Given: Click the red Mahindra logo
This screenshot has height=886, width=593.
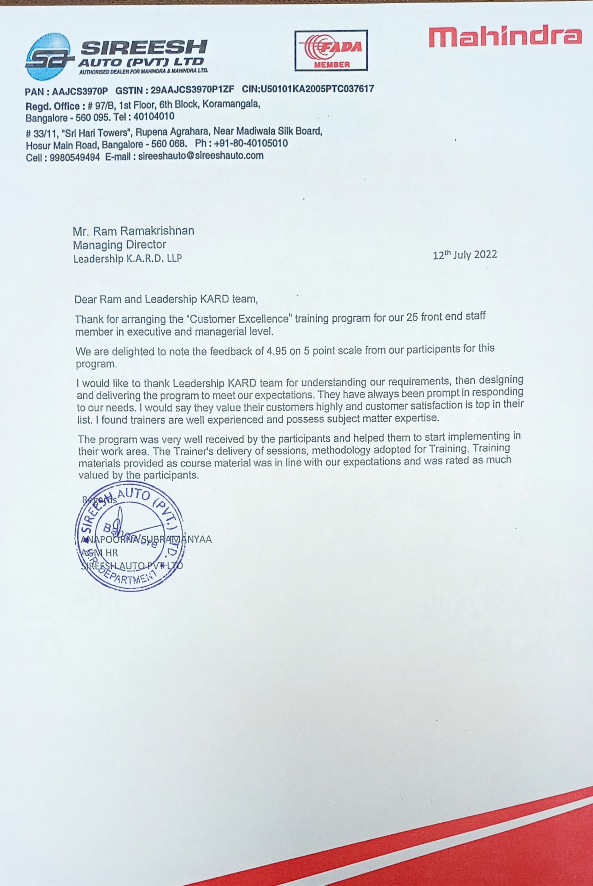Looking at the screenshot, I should pyautogui.click(x=505, y=37).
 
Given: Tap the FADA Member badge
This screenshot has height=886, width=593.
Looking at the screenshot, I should pyautogui.click(x=331, y=50).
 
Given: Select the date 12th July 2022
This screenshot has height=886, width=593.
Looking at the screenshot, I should pyautogui.click(x=465, y=255).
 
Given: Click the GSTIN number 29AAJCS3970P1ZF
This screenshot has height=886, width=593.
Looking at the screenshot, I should pyautogui.click(x=192, y=91).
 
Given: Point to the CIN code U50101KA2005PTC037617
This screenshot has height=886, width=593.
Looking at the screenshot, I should pyautogui.click(x=317, y=89).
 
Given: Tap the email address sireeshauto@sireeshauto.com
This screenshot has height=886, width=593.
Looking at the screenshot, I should pyautogui.click(x=201, y=156).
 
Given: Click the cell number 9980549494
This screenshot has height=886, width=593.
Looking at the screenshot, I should pyautogui.click(x=75, y=157).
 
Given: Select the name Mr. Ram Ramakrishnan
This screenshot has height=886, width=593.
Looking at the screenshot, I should pyautogui.click(x=134, y=231).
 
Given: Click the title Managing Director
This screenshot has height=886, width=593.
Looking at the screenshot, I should pyautogui.click(x=119, y=245).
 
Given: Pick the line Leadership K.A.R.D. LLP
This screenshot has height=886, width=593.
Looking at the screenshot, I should pyautogui.click(x=127, y=259).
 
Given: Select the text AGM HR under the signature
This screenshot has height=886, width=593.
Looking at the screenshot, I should pyautogui.click(x=100, y=553).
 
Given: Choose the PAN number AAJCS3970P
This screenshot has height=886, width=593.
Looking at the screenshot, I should pyautogui.click(x=80, y=92).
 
